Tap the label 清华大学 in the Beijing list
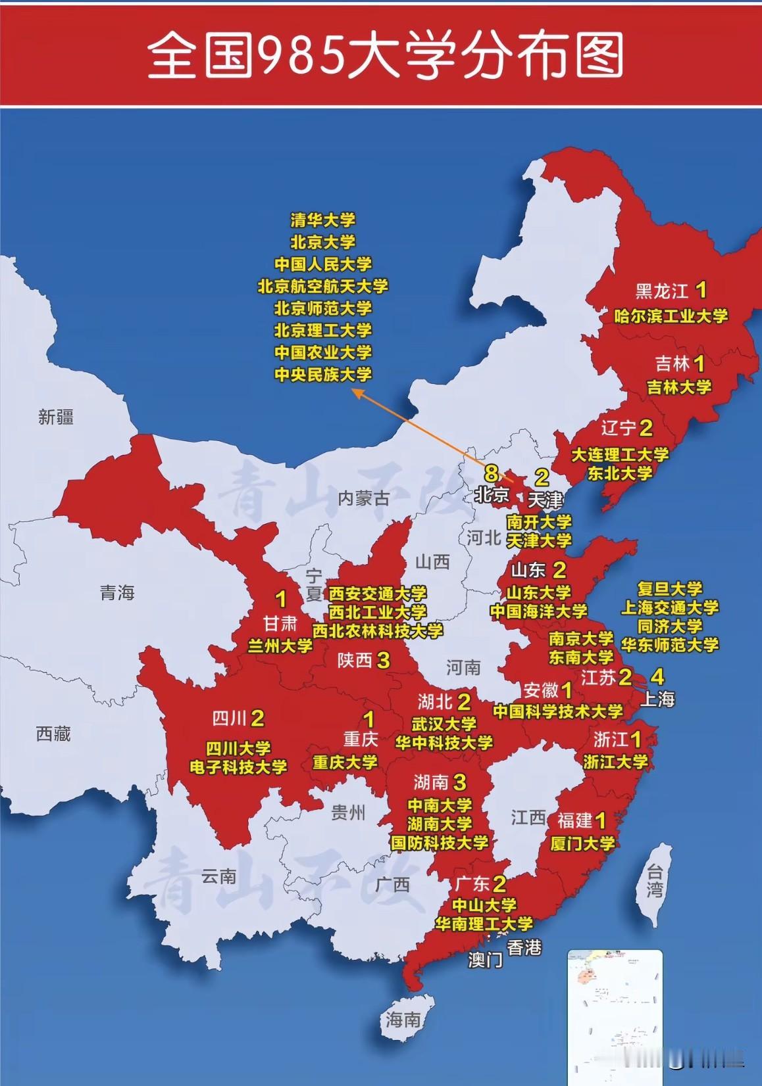coord(322,220)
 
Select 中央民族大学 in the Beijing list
coord(322,375)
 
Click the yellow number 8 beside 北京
coord(491,473)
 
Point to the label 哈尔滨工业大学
coord(671,316)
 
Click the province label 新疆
coord(56,417)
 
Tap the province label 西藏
coord(53,734)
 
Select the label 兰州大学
coord(280,646)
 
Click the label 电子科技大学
coord(238,767)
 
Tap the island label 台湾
coord(655,882)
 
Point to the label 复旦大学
coord(670,588)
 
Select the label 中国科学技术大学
coord(557,711)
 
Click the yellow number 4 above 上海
coord(657,676)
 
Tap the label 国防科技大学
coord(439,842)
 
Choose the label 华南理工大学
coord(484,924)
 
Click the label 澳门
coord(485,960)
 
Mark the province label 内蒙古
coord(363,498)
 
